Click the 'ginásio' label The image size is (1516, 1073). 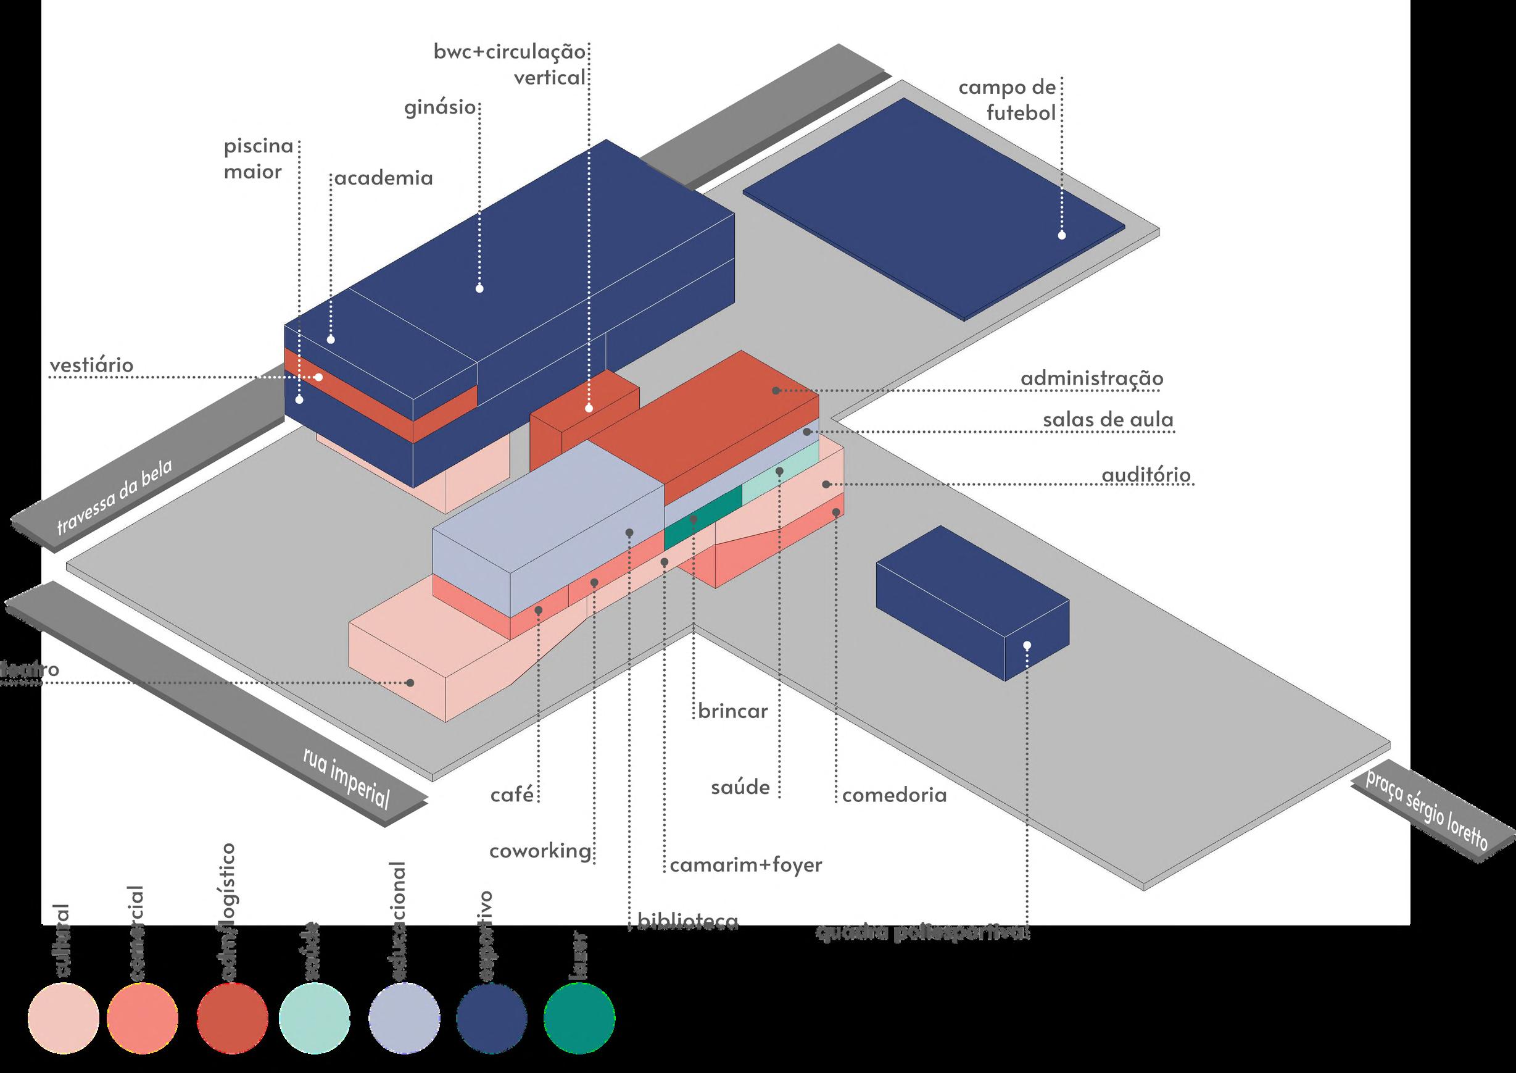(440, 107)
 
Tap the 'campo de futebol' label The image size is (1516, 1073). (1007, 101)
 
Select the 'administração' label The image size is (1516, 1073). (1091, 378)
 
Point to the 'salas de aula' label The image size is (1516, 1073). (1108, 420)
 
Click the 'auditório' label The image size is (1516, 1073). (1146, 475)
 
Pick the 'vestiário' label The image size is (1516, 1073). (91, 365)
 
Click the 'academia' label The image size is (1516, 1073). (384, 178)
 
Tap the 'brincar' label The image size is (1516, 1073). (733, 711)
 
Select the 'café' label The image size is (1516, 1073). (512, 794)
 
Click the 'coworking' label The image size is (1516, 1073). (540, 850)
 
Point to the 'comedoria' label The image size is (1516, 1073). (894, 794)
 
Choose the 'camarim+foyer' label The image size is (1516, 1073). (746, 864)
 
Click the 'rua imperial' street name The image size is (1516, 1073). (346, 779)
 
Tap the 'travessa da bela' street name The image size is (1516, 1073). (114, 497)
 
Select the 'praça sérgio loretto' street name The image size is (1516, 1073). (1426, 819)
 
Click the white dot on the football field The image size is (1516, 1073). (1062, 235)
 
